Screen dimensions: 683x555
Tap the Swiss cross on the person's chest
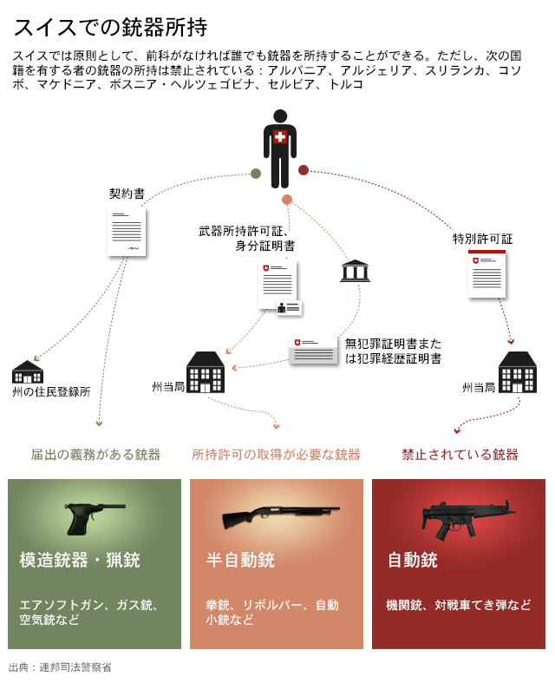pos(279,136)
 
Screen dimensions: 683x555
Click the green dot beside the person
pos(256,174)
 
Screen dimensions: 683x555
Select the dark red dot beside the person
pos(304,170)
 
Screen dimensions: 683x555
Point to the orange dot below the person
pos(287,200)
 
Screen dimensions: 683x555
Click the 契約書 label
pos(127,194)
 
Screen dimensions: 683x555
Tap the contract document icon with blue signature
pos(127,232)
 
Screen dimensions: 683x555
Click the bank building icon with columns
pos(355,271)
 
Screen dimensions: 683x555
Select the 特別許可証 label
pos(482,239)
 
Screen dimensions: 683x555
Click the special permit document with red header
pos(486,274)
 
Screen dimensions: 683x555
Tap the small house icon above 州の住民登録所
pos(28,372)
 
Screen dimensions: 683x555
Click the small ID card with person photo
pos(289,308)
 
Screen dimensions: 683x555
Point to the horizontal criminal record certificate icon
pos(313,350)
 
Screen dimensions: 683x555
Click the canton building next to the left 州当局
pos(206,372)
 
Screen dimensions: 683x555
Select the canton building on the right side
pos(517,372)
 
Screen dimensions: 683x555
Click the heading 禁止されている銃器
pos(460,455)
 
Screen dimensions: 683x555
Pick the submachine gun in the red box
pos(463,518)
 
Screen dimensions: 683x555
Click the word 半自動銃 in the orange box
pos(240,561)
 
